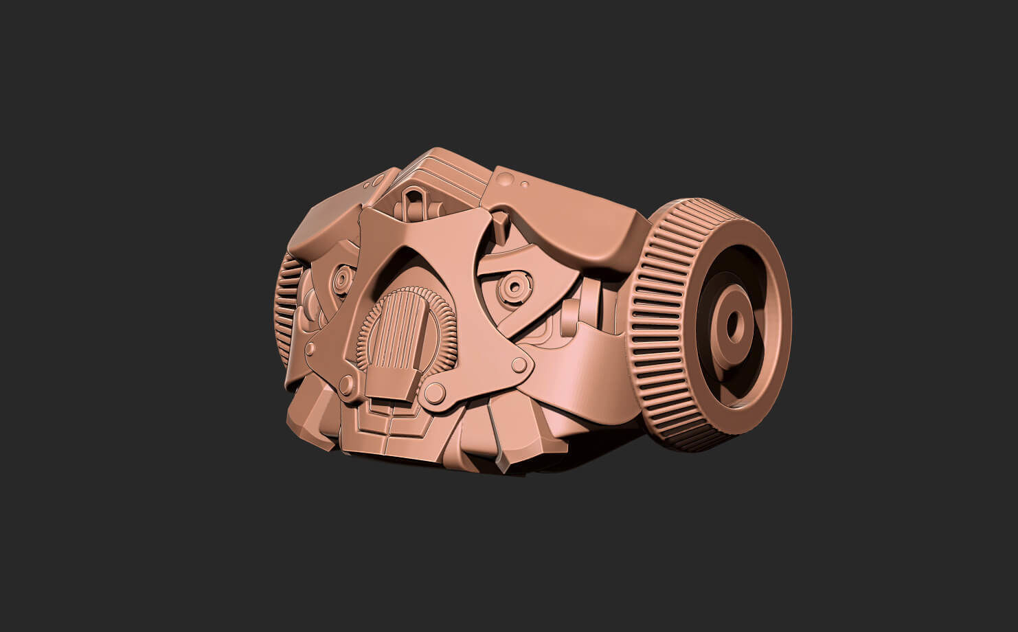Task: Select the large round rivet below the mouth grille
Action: click(434, 393)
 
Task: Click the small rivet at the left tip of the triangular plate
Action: click(310, 349)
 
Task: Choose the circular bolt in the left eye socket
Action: click(341, 278)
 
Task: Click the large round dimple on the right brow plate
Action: click(506, 180)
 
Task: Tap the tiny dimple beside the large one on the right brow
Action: click(525, 184)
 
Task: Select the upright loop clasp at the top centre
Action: click(415, 201)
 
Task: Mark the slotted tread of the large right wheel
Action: click(659, 330)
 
